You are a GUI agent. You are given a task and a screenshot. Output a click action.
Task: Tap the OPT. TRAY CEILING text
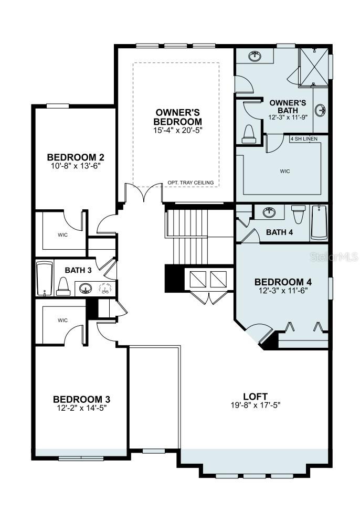(190, 183)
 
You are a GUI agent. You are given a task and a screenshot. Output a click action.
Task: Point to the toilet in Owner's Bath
(248, 133)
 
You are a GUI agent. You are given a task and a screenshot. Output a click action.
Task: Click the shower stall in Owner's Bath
(313, 67)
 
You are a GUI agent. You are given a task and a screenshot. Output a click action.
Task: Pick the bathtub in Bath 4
(319, 222)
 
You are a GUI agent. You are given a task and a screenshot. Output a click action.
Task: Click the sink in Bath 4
(270, 212)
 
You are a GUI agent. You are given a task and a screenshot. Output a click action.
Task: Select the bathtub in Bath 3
(45, 279)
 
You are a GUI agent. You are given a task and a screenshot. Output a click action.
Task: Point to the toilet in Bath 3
(63, 285)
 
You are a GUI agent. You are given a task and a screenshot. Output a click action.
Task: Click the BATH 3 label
(78, 270)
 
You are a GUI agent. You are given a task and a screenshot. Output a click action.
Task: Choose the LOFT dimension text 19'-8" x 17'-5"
(255, 405)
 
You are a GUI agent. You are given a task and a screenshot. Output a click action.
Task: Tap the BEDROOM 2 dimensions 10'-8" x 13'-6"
(73, 166)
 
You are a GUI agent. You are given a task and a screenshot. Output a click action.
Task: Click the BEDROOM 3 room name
(81, 399)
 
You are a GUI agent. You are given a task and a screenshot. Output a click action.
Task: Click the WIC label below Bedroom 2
(62, 234)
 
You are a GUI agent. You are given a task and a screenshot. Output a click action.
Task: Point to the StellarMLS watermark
(327, 258)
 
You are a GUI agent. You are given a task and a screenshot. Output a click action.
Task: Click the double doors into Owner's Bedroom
(144, 193)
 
